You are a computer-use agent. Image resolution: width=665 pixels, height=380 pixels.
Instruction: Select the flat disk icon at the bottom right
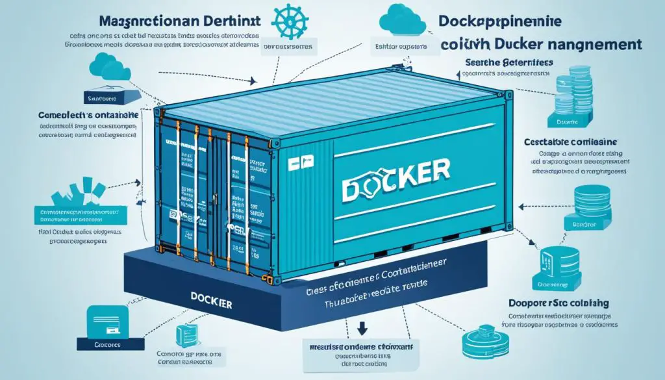(x=479, y=340)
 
